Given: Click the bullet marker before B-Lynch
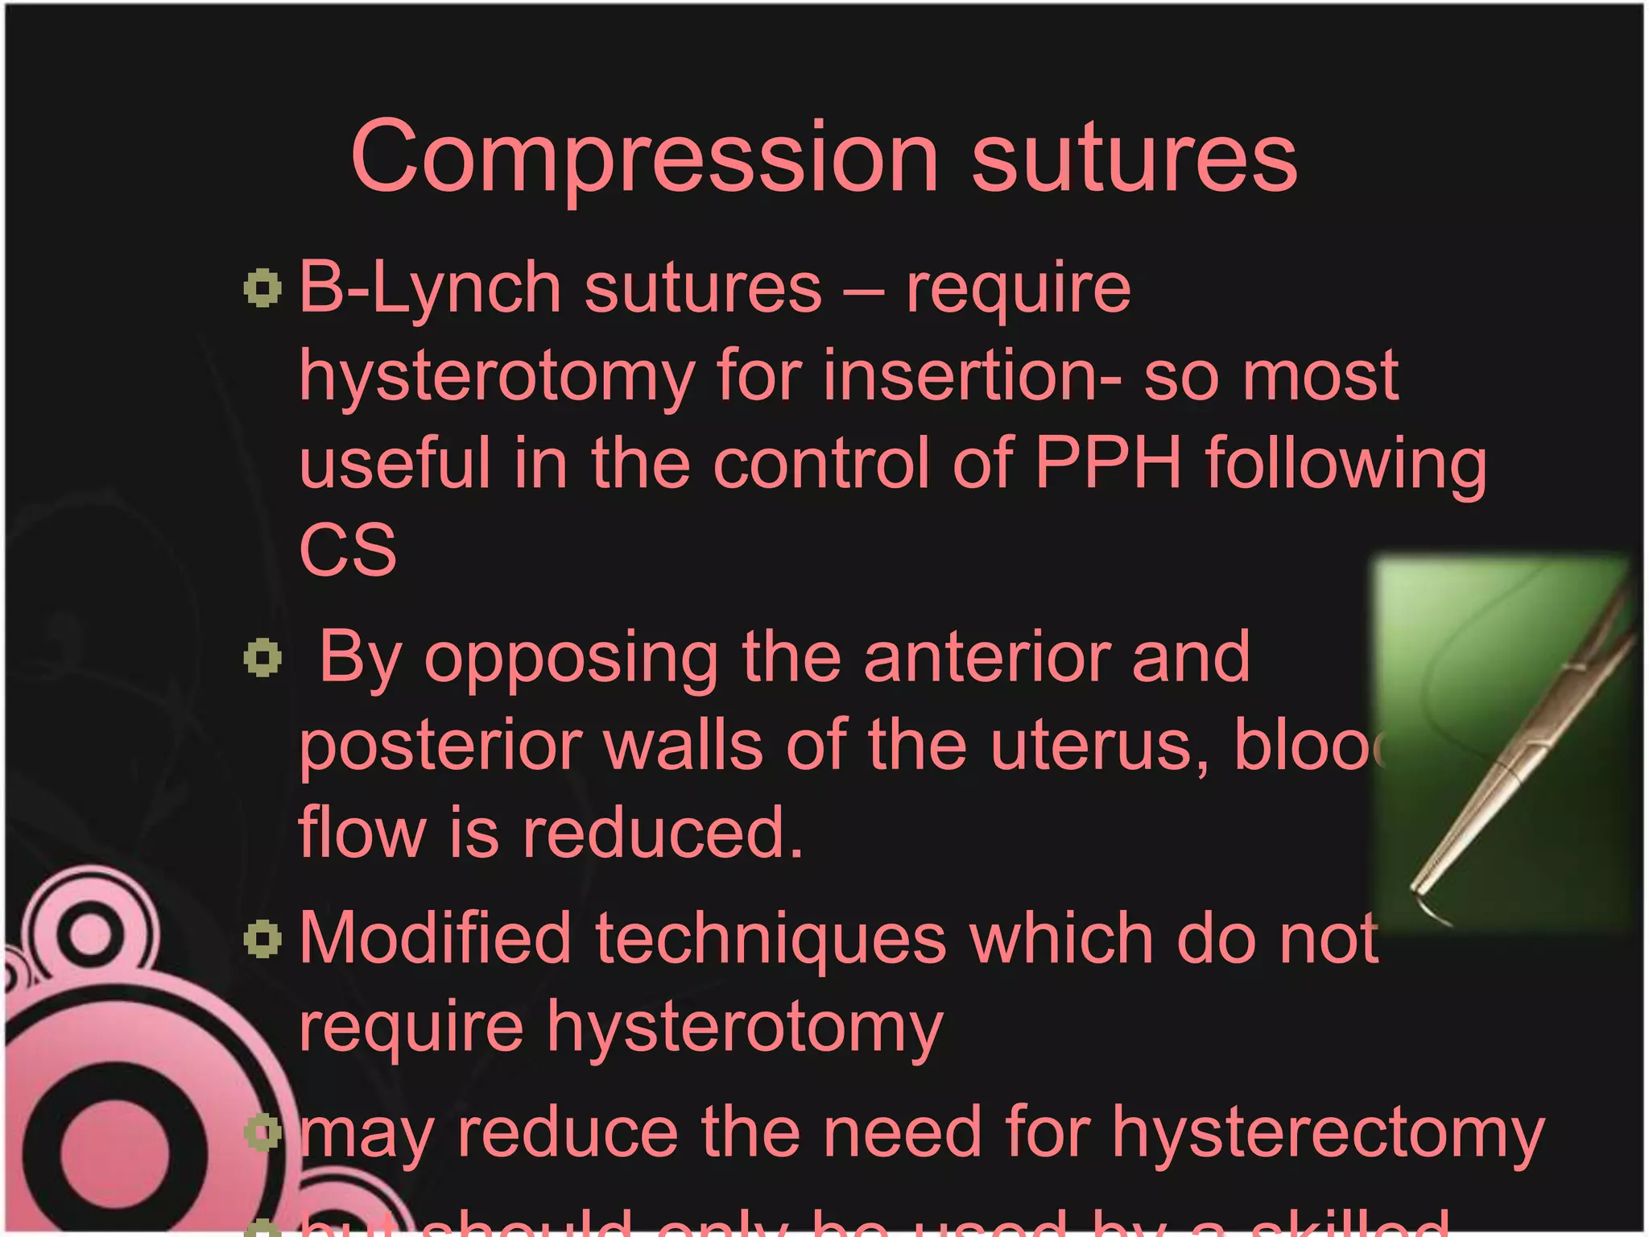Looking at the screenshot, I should (x=262, y=288).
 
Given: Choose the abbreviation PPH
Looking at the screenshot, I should (x=1108, y=463).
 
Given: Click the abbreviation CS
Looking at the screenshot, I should (x=348, y=551).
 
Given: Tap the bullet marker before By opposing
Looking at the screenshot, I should (x=262, y=658).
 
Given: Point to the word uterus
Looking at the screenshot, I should (x=1098, y=746).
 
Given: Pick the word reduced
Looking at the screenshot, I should (x=662, y=833).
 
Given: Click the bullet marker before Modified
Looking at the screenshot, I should (x=262, y=939).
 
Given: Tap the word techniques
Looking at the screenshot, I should (x=771, y=939).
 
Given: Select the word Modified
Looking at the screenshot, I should (x=436, y=939).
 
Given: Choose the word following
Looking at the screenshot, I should (x=1345, y=465).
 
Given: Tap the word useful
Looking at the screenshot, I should (x=395, y=463).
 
